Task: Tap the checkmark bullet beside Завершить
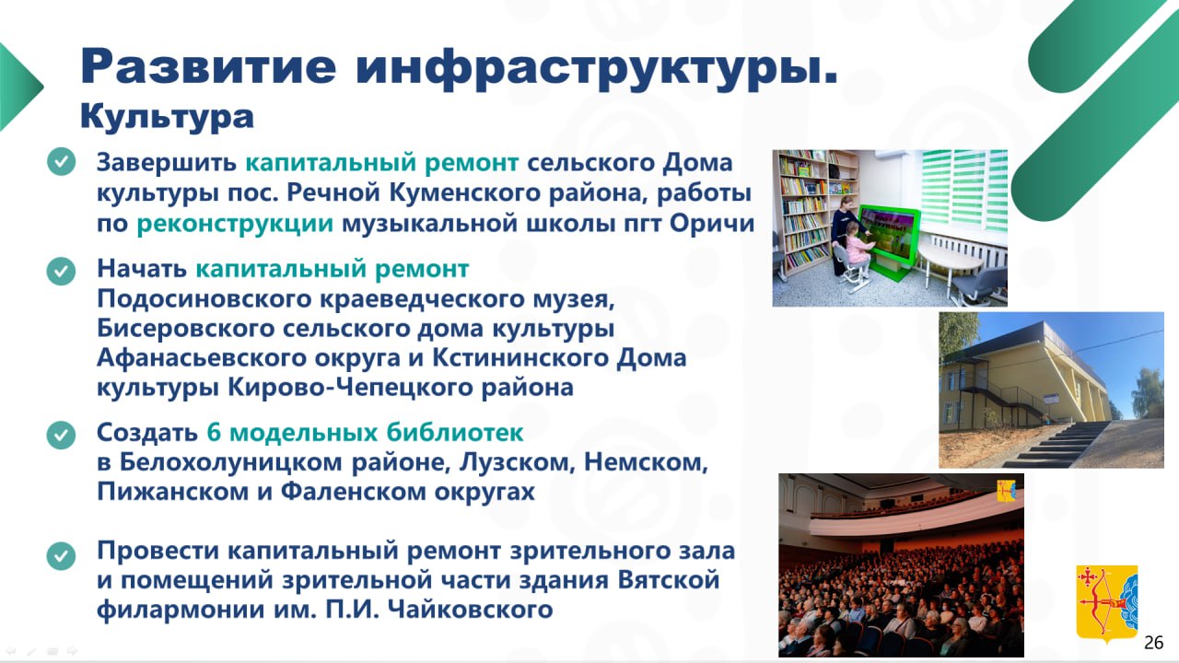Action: tap(61, 161)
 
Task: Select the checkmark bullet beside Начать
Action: tap(61, 271)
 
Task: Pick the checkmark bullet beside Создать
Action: tap(61, 435)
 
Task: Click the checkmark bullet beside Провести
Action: tap(61, 555)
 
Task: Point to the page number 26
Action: tap(1154, 643)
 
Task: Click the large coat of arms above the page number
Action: tap(1106, 603)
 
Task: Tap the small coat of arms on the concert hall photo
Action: tap(1007, 491)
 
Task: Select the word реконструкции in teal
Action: tap(235, 224)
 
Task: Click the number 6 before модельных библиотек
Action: tap(213, 433)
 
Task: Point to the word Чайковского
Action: tap(470, 610)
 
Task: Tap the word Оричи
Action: tap(712, 224)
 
